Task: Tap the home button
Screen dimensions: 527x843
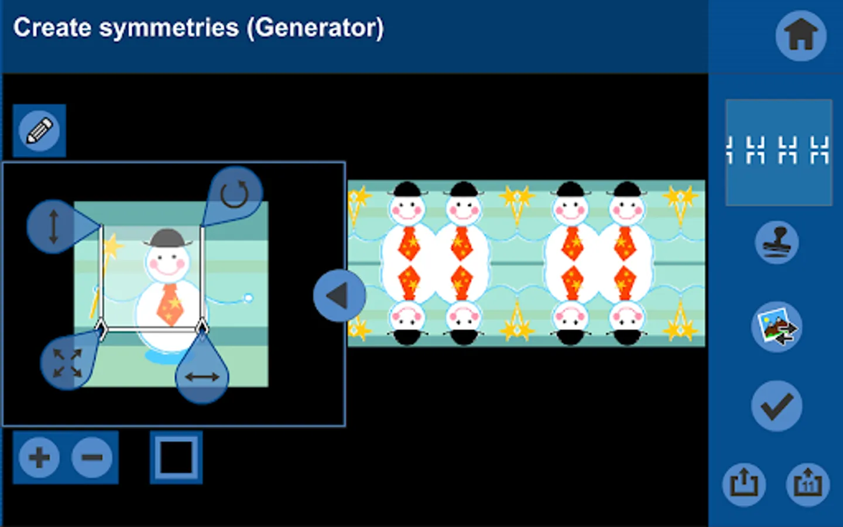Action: point(800,35)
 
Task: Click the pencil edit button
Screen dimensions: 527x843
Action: point(39,131)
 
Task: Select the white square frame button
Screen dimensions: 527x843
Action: point(176,457)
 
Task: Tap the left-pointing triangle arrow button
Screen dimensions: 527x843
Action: point(339,296)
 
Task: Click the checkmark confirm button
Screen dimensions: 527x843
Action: point(776,406)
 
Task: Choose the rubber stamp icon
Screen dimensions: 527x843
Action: point(776,242)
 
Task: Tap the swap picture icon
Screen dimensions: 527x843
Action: point(776,327)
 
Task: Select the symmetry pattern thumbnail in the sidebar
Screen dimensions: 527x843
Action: point(779,152)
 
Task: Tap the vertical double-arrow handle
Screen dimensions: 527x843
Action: point(53,227)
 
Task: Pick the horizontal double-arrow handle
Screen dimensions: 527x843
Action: point(202,377)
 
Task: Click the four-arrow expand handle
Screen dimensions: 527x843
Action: point(67,363)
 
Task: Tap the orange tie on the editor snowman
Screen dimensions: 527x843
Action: point(169,304)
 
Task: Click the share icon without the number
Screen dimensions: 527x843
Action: point(744,484)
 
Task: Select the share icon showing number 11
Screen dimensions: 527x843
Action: point(808,484)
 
